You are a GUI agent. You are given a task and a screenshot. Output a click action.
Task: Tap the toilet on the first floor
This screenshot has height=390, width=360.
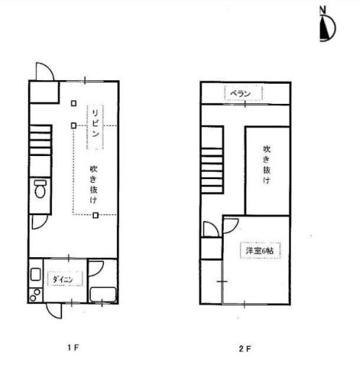40,189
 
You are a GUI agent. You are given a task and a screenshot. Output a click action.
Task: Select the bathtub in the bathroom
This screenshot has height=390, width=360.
103,295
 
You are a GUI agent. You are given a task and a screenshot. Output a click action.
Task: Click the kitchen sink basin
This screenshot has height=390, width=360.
35,274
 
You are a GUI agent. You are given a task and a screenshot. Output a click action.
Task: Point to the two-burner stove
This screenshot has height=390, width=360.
35,295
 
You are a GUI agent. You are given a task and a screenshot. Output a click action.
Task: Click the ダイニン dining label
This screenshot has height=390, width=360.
63,279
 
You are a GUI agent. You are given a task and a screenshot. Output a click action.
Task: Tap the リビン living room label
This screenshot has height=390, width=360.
95,123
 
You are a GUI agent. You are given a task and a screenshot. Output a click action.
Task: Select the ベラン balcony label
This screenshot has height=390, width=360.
240,93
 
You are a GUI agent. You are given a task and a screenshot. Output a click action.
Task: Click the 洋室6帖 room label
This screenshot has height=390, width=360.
260,251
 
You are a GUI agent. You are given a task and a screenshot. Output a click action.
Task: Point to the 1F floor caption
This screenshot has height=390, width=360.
74,347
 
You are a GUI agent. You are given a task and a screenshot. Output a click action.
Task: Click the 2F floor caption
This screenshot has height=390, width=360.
245,349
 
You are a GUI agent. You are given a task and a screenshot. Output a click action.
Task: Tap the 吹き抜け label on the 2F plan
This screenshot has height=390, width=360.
267,165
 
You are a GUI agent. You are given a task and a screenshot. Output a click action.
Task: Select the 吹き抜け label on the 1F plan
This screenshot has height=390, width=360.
94,184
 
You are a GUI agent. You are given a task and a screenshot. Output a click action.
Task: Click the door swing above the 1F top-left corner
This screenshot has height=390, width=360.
45,71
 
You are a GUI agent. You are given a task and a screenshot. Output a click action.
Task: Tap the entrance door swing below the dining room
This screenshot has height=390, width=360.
53,311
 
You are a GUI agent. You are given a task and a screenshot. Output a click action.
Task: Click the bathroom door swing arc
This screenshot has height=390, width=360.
96,269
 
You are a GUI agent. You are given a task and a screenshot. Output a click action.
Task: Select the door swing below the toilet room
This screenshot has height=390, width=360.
40,222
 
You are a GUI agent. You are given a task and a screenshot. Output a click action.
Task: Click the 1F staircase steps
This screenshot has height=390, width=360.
40,141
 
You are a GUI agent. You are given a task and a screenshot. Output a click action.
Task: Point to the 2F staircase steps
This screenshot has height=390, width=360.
211,170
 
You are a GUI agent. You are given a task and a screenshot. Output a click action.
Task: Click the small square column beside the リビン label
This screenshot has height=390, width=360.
74,126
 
